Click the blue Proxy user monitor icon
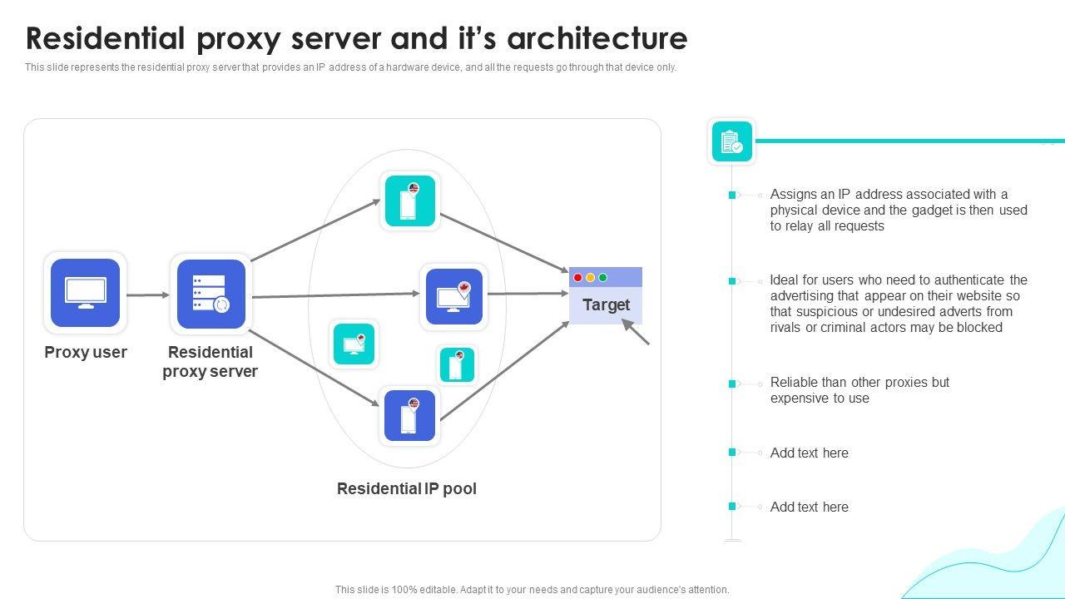[86, 293]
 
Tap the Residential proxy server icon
[211, 294]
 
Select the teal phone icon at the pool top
[409, 200]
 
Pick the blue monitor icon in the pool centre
[454, 296]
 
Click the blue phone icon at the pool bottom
[409, 415]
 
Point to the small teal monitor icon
[354, 344]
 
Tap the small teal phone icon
[457, 364]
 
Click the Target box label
[606, 305]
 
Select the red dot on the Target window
[578, 278]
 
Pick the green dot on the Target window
[603, 278]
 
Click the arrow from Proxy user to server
[148, 295]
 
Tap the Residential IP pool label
[406, 489]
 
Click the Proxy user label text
[86, 353]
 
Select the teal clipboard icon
[732, 141]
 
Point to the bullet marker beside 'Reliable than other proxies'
[732, 384]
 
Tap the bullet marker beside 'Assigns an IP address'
[732, 195]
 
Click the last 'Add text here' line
[809, 507]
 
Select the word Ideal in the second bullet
[786, 280]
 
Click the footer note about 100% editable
[532, 590]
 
